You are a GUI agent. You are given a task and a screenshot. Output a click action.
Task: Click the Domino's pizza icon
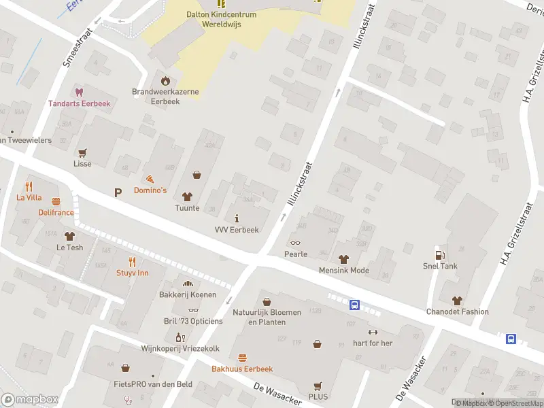click(x=150, y=177)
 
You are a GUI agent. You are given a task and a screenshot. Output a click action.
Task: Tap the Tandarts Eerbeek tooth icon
click(x=79, y=92)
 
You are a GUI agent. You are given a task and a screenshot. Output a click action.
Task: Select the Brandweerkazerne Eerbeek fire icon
click(x=163, y=80)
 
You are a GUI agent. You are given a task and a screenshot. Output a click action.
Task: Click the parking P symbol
click(x=118, y=193)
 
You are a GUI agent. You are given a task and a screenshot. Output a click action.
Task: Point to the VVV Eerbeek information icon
click(x=237, y=218)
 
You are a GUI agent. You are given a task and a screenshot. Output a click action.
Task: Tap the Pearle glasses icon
click(x=295, y=243)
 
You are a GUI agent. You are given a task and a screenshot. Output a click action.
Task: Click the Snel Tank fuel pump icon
click(x=440, y=254)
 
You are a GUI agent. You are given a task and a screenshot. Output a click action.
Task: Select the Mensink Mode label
click(x=343, y=271)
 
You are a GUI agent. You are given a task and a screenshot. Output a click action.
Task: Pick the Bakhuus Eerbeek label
click(x=242, y=369)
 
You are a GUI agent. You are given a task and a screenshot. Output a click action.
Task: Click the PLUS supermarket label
click(x=318, y=396)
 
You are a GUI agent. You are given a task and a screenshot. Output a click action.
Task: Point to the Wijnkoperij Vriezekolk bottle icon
click(x=180, y=337)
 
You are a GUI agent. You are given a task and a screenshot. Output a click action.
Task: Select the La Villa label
click(x=29, y=198)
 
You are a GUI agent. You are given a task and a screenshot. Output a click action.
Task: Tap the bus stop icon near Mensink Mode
click(x=354, y=305)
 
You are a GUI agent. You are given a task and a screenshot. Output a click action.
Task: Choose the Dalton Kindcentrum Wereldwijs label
click(x=221, y=19)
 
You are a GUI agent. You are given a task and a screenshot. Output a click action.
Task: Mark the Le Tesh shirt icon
click(x=69, y=236)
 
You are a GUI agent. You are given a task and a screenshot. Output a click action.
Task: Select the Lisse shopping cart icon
click(x=82, y=153)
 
